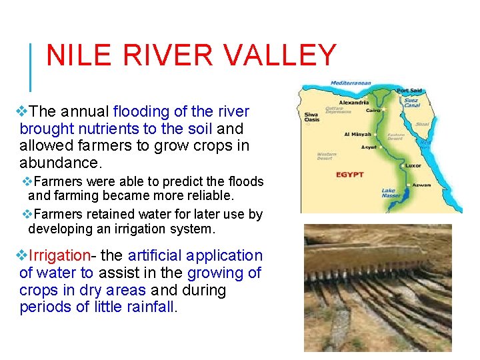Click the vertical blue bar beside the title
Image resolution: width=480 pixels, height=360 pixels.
pos(30,67)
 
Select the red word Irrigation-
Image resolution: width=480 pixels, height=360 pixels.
pos(59,255)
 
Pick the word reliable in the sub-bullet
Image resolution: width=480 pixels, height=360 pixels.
pos(206,195)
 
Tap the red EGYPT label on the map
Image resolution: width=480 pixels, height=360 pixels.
pos(350,175)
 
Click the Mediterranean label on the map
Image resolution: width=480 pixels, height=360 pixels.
pos(351,83)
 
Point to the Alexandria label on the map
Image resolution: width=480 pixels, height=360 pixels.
pos(351,103)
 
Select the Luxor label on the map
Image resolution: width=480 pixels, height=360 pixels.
pos(413,165)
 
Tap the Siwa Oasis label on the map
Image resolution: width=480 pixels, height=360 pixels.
pos(312,116)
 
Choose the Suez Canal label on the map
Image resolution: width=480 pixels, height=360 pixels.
pos(411,103)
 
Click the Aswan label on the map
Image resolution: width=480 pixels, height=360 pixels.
pos(421,185)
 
